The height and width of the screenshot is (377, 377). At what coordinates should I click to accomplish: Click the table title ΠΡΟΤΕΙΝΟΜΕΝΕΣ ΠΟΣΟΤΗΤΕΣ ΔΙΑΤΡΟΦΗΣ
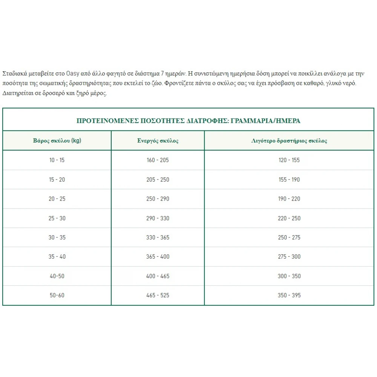click(188, 121)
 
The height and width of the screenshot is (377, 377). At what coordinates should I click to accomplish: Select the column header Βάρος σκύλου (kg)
click(57, 141)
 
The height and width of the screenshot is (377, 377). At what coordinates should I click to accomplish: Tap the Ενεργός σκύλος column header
click(158, 141)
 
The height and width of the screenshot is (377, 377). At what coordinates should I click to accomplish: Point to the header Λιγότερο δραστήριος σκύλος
click(289, 141)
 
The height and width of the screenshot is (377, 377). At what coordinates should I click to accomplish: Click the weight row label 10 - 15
click(57, 160)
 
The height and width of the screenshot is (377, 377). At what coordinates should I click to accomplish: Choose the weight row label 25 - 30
click(57, 218)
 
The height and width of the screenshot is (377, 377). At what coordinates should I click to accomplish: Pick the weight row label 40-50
click(57, 276)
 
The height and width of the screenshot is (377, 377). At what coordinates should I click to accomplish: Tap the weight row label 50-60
click(57, 295)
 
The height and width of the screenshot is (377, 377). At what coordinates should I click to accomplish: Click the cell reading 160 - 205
click(158, 160)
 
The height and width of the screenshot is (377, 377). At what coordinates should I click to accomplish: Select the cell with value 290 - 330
click(158, 218)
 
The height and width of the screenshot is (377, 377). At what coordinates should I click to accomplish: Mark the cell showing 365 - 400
click(158, 257)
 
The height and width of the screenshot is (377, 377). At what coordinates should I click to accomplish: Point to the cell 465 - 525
click(158, 295)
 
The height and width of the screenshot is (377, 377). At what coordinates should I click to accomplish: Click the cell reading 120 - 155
click(289, 160)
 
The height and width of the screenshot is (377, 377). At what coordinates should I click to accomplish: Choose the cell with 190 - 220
click(289, 199)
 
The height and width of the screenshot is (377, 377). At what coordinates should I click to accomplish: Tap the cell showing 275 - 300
click(289, 257)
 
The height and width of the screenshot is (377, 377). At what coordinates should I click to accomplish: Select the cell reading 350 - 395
click(289, 295)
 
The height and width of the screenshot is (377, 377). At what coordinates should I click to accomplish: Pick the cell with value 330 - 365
click(158, 238)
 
